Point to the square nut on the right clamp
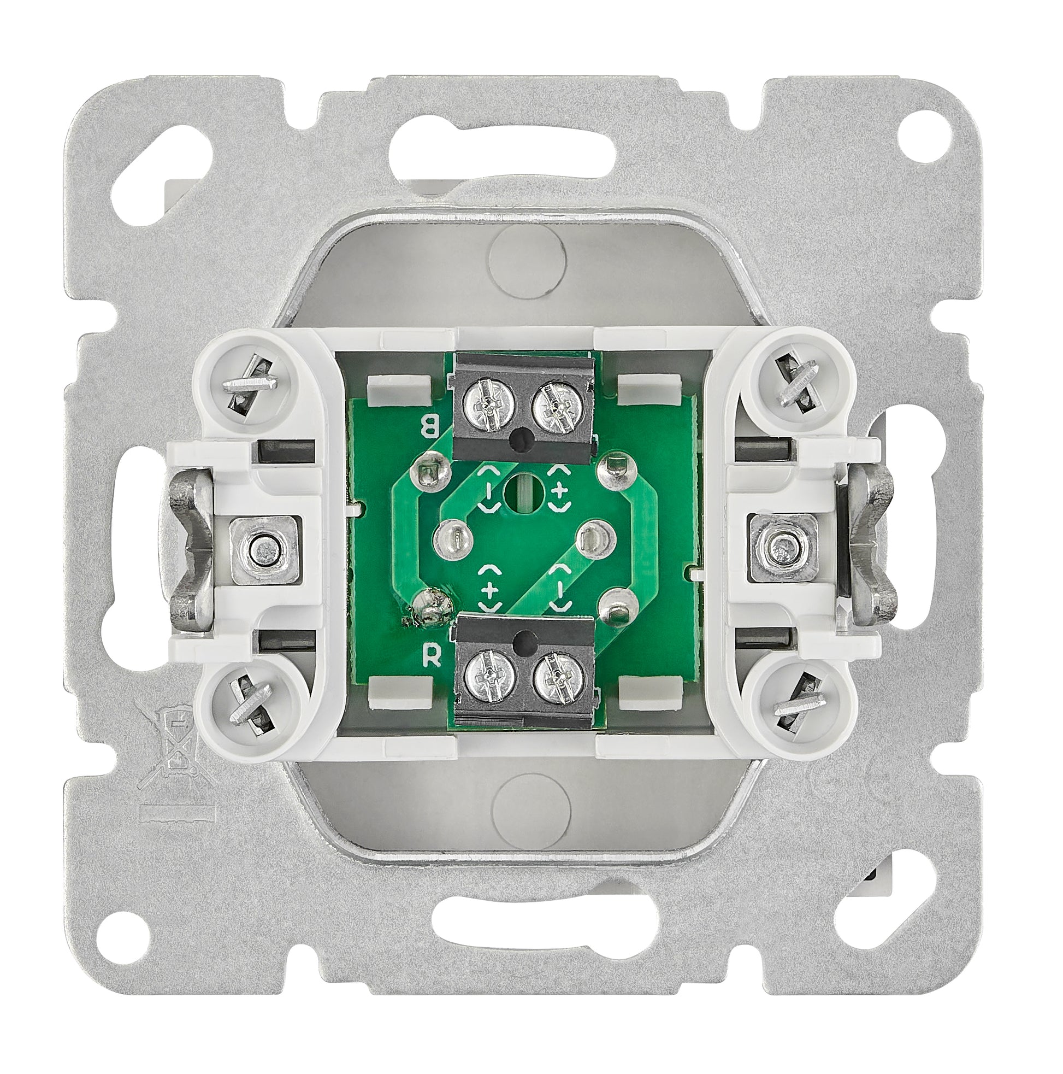[780, 545]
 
